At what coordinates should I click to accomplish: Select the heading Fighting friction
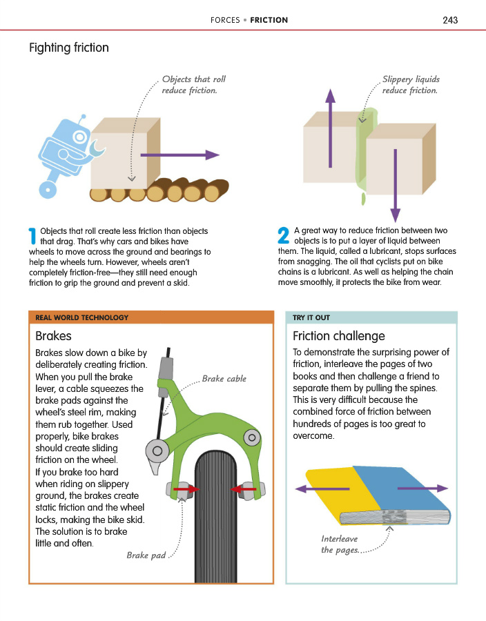click(x=68, y=48)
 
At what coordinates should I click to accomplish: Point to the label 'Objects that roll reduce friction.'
click(x=193, y=85)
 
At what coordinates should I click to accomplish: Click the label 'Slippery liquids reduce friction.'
click(x=411, y=85)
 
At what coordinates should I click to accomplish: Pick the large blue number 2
click(x=282, y=236)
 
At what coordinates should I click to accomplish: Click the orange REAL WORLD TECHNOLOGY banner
click(x=151, y=318)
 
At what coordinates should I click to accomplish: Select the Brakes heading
click(x=53, y=336)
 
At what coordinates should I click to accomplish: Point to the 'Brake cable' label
click(x=224, y=379)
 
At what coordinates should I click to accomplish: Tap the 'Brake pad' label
click(x=146, y=555)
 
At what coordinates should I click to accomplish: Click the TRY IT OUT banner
click(x=371, y=318)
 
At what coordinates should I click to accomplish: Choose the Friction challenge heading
click(x=339, y=336)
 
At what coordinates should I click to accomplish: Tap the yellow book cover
click(x=331, y=490)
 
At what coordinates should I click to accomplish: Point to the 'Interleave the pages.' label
click(x=340, y=544)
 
